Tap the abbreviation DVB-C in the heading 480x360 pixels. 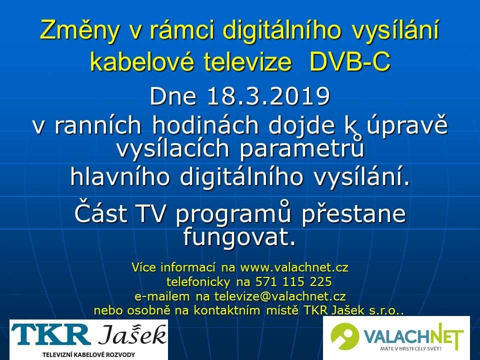tap(350, 61)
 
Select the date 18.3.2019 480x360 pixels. tap(268, 96)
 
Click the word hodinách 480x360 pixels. tap(204, 125)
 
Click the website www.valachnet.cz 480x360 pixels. tap(294, 267)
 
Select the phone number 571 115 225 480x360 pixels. tap(293, 281)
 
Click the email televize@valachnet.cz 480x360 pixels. tap(280, 296)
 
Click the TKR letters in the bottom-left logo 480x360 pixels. tap(50, 335)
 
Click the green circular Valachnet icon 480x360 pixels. tap(344, 336)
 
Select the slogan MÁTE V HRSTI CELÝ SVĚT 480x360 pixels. tap(411, 348)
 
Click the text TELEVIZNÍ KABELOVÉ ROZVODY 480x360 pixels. tap(89, 355)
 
